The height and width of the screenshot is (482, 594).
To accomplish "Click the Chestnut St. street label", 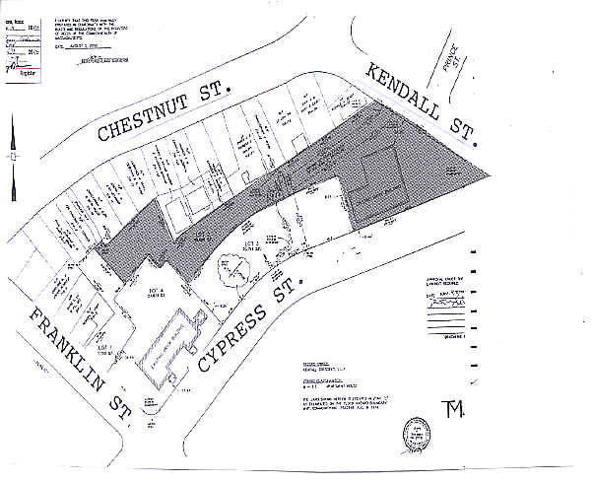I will coord(163,119).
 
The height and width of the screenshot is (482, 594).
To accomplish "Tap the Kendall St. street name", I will coord(420,102).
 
